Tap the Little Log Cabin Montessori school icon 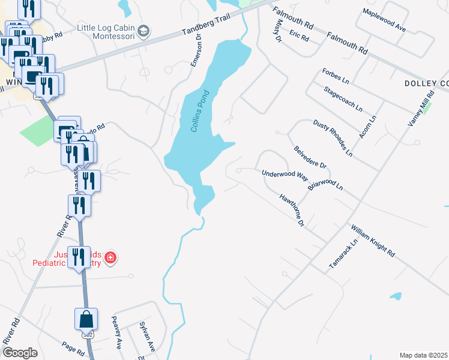click(x=143, y=30)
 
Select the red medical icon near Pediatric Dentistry click(x=110, y=259)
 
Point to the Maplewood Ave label click(x=385, y=20)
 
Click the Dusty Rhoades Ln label click(x=333, y=138)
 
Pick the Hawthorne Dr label click(x=292, y=210)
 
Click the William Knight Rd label click(x=373, y=241)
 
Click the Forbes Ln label click(x=336, y=75)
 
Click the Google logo click(x=20, y=353)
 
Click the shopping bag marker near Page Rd click(x=85, y=319)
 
